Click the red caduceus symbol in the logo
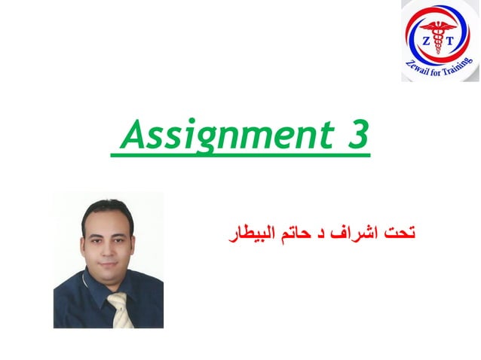pos(438,34)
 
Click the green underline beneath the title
pos(240,156)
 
